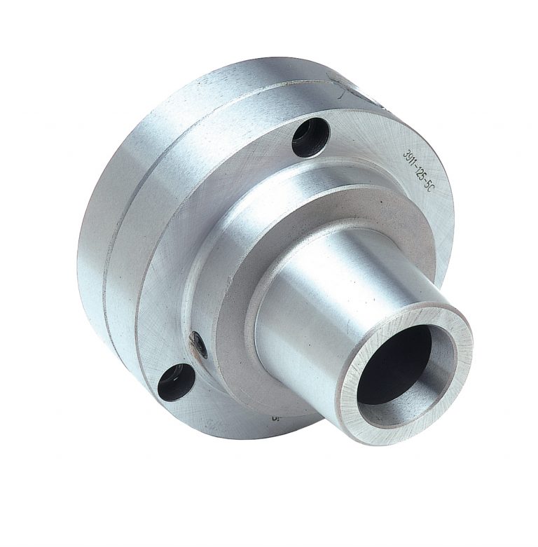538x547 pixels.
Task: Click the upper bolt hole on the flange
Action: click(x=310, y=137)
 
